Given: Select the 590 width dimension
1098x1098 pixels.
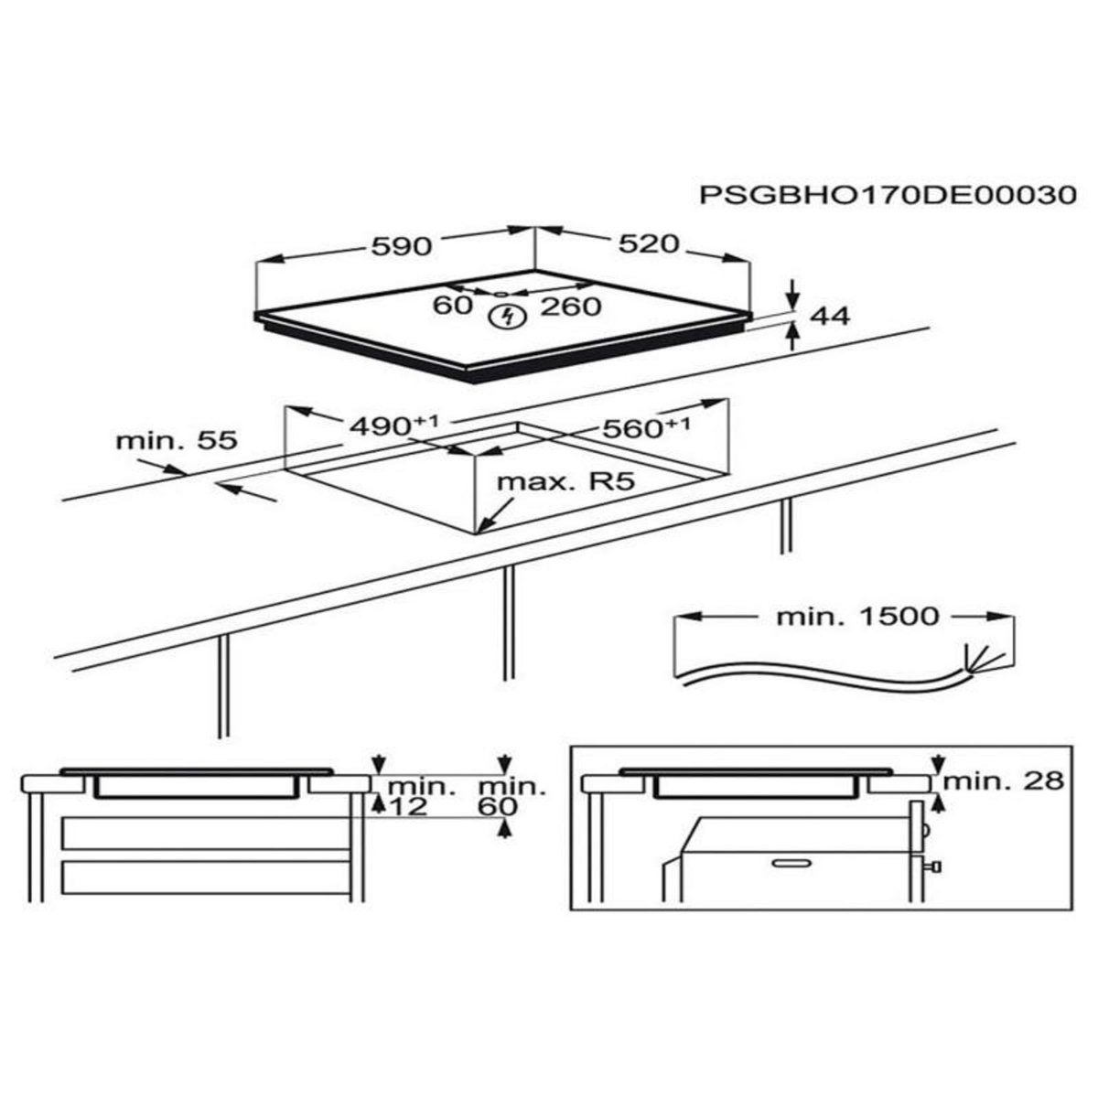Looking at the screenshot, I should click(x=400, y=245).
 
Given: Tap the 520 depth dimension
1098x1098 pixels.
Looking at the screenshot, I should click(x=649, y=243).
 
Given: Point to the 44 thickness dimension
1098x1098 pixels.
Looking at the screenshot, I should click(x=830, y=317).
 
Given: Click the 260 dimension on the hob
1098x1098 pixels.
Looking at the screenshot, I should click(x=570, y=307).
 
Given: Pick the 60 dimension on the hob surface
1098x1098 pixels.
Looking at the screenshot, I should click(x=451, y=305).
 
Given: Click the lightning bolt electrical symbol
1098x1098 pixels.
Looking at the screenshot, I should click(x=506, y=318).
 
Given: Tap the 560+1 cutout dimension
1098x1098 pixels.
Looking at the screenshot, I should click(x=645, y=427).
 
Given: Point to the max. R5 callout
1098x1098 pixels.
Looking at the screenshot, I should click(x=565, y=482).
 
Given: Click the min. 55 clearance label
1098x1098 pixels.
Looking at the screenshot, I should click(x=177, y=440).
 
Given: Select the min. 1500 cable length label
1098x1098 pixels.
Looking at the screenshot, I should click(x=857, y=617).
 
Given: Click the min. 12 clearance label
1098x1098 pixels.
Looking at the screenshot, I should click(x=422, y=796).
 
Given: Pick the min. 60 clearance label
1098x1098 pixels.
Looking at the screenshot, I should click(x=512, y=796).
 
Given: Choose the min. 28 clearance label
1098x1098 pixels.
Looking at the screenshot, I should click(x=1004, y=780).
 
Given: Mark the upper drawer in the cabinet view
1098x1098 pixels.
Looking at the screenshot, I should click(x=206, y=834).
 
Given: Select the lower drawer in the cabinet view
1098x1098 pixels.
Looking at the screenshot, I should click(x=206, y=877).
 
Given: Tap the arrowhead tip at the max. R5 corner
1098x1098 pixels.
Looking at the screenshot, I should click(x=480, y=532).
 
